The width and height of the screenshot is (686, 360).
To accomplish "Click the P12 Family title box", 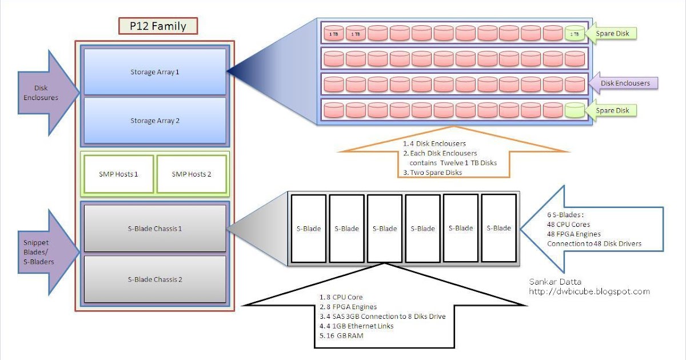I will coord(158,26).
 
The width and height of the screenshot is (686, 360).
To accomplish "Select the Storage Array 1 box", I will coord(154,72).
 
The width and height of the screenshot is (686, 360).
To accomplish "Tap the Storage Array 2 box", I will coord(154,121).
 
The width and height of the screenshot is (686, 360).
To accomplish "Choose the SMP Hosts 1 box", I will coord(119,174).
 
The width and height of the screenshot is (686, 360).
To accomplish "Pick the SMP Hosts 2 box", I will coord(192,174).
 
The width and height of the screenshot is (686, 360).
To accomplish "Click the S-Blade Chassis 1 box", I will coord(154,228).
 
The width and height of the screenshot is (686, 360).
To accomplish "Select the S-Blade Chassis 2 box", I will coord(154,279).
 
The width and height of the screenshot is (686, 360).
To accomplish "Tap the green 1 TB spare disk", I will coord(575,34).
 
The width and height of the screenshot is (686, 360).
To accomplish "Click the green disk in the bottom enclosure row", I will coord(575,110).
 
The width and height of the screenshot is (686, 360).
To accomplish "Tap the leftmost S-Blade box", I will coord(309,229).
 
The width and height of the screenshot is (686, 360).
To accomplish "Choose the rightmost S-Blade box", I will coord(498,228).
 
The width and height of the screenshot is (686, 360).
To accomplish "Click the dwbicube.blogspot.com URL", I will coord(589,291).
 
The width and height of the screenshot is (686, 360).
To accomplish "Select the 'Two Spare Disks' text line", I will coord(434,172).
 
